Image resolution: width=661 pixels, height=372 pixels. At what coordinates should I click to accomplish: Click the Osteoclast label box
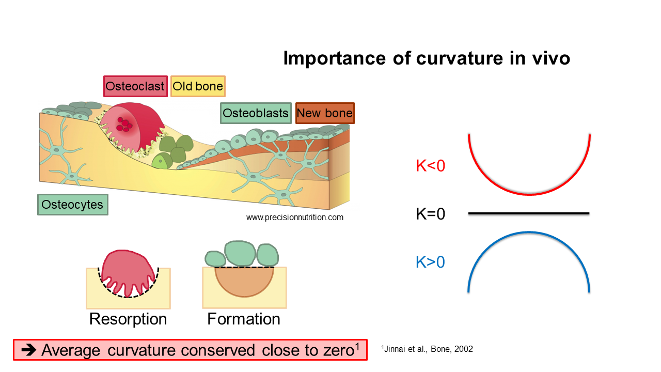pos(135,86)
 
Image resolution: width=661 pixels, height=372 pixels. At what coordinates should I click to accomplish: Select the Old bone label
pos(198,86)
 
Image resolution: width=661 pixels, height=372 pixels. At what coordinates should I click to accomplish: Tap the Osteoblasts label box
pos(256,113)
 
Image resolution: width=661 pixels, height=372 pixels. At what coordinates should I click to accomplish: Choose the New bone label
pos(325,113)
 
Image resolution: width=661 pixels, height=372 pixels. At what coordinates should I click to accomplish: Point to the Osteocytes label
pos(73,204)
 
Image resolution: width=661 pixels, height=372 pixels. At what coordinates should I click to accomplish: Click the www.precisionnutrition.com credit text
pos(295,218)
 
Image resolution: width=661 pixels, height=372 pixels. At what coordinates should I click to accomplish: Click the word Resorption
pos(128,319)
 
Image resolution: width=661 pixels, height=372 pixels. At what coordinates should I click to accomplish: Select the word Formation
pos(244,319)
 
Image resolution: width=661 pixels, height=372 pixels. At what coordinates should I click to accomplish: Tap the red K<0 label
pos(430,165)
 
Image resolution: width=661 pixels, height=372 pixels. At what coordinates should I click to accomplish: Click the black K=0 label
pos(430,213)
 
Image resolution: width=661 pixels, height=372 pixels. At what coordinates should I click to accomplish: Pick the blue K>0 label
pos(430,262)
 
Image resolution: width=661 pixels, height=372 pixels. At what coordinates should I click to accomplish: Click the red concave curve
pos(529,194)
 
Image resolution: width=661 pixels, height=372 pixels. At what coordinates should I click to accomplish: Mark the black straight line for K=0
pos(529,213)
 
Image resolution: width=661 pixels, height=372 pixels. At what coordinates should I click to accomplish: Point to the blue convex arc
pos(529,233)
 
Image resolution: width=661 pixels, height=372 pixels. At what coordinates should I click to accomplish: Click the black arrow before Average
pos(28,350)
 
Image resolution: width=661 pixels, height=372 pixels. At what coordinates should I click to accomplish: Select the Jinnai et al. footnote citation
pos(427,349)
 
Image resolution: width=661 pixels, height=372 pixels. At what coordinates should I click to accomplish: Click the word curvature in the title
pos(460,58)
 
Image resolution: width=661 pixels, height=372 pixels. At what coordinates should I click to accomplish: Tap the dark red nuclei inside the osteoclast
pos(124,125)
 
